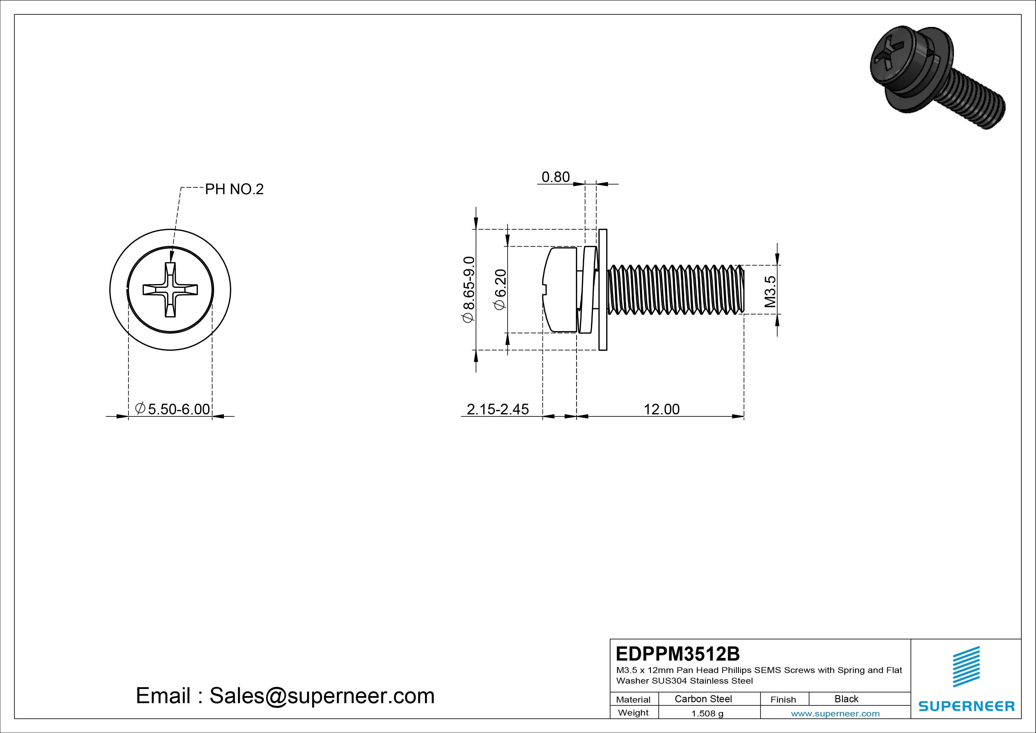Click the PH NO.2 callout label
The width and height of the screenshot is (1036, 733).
click(234, 189)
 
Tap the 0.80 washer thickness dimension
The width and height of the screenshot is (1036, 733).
click(556, 177)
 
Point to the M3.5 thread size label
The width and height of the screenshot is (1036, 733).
click(770, 292)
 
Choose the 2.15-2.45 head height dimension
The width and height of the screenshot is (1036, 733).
click(497, 409)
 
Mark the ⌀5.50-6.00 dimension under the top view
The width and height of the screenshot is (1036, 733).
click(173, 409)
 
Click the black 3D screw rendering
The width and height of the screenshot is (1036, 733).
click(934, 77)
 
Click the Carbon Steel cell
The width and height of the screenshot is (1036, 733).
click(703, 699)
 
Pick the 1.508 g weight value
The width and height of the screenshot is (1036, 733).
click(707, 713)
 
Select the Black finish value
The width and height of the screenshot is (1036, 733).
click(846, 699)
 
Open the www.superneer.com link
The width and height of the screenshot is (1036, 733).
click(835, 713)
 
